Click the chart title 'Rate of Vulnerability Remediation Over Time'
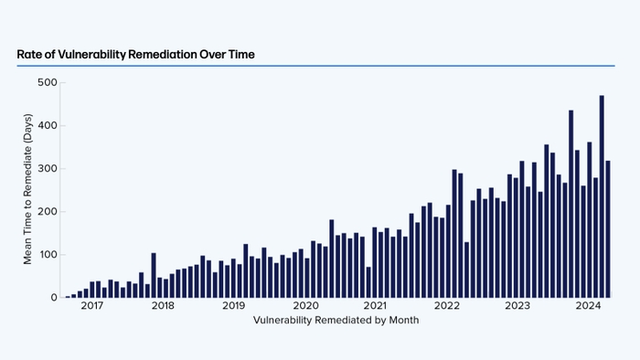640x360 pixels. pyautogui.click(x=135, y=55)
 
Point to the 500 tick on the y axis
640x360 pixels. pyautogui.click(x=47, y=82)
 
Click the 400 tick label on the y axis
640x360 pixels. pyautogui.click(x=47, y=125)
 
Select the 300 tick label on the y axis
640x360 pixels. pyautogui.click(x=47, y=168)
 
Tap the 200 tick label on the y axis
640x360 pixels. pyautogui.click(x=47, y=211)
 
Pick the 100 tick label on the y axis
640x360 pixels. pyautogui.click(x=47, y=254)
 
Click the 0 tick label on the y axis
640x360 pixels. pyautogui.click(x=53, y=297)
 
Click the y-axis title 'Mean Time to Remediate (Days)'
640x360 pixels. pyautogui.click(x=27, y=190)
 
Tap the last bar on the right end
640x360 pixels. pyautogui.click(x=608, y=229)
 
